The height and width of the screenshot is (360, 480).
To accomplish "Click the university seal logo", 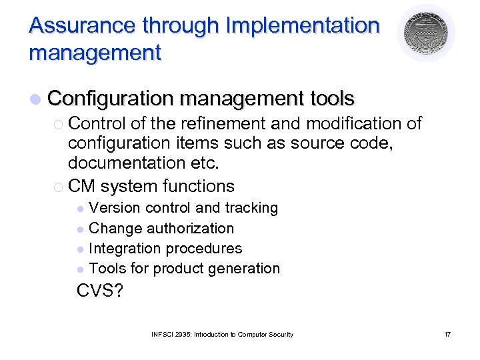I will (x=427, y=33).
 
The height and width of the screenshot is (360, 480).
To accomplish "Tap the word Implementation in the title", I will (x=303, y=25).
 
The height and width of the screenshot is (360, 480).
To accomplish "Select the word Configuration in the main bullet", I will (x=111, y=99).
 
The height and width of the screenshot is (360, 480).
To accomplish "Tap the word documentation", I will (x=125, y=163).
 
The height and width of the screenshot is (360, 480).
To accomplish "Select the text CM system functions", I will (x=151, y=186).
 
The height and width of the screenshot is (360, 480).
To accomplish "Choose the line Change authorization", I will (x=161, y=228).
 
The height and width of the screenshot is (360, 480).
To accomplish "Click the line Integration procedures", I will (x=165, y=248).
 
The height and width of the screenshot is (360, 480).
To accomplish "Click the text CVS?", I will (x=100, y=291).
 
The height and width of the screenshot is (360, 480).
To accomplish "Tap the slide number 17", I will (x=447, y=334).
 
